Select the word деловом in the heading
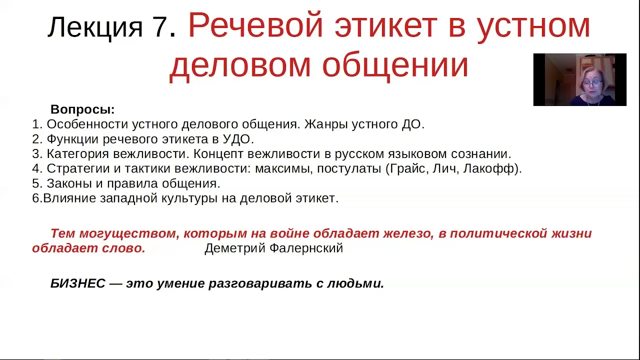pyautogui.click(x=240, y=66)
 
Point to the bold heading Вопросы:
pyautogui.click(x=82, y=109)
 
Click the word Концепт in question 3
pyautogui.click(x=218, y=154)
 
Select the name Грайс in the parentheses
pyautogui.click(x=409, y=168)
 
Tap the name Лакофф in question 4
pyautogui.click(x=488, y=168)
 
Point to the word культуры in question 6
pyautogui.click(x=189, y=198)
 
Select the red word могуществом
pyautogui.click(x=129, y=233)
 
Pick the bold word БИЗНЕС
pyautogui.click(x=78, y=283)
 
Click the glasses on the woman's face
pyautogui.click(x=592, y=84)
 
